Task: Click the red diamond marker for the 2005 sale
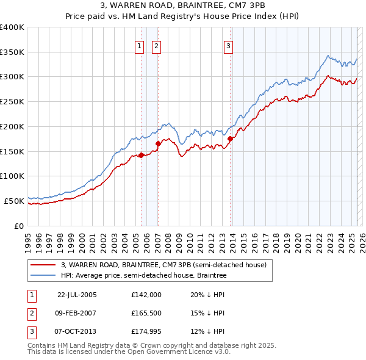point(141,155)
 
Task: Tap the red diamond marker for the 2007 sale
point(158,143)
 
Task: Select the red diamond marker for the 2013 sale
point(230,139)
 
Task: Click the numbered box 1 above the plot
point(139,46)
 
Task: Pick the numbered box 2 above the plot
point(156,46)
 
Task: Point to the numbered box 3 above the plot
point(228,46)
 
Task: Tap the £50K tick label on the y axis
point(13,201)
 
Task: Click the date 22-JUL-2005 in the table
point(77,294)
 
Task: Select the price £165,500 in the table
point(146,313)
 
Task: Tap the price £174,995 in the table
point(146,332)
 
